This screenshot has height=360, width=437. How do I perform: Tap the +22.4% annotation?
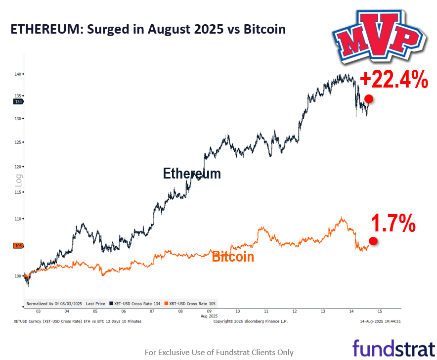393,80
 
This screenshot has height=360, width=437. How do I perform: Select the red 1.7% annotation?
393,224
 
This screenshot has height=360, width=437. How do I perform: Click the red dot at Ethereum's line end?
368,99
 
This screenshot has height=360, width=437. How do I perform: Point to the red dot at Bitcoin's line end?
373,241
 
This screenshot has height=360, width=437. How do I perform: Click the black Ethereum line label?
192,174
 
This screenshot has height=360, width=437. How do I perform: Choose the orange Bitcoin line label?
233,257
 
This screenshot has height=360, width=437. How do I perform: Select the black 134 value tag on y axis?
19,101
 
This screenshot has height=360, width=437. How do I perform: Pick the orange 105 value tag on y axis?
19,246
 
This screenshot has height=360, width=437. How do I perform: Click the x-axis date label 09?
209,312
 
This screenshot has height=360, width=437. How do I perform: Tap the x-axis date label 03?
38,312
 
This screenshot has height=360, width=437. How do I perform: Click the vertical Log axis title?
18,182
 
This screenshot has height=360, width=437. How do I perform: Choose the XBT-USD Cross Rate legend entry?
190,303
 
